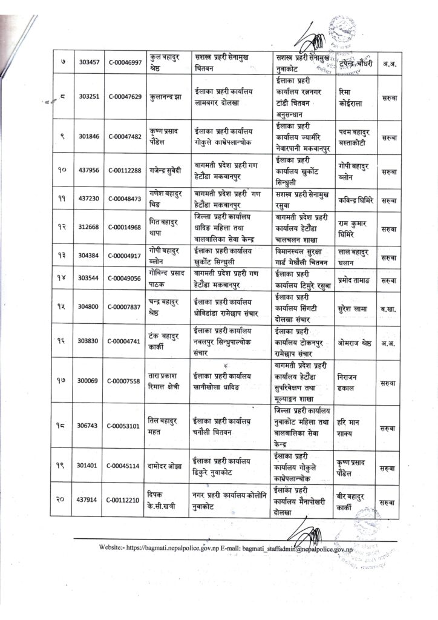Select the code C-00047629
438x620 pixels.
pos(125,96)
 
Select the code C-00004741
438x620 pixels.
pos(125,341)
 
